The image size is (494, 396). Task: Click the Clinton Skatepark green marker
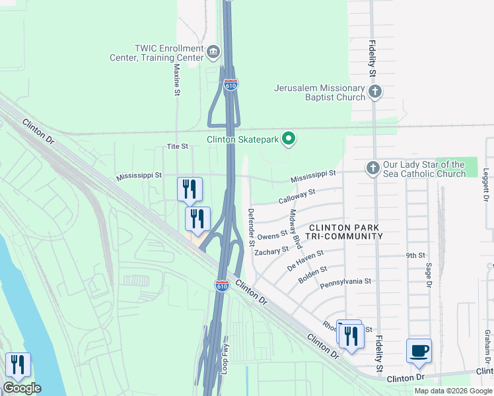(x=289, y=139)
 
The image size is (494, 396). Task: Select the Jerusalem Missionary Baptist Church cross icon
(x=374, y=92)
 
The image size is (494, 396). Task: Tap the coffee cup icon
(x=419, y=350)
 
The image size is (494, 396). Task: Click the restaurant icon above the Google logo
(x=18, y=364)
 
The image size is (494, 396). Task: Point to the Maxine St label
(x=177, y=77)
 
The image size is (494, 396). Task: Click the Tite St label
(x=178, y=146)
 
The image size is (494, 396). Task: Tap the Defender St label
(x=251, y=227)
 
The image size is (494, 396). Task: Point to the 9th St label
(x=413, y=255)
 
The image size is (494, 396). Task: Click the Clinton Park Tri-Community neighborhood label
(x=345, y=231)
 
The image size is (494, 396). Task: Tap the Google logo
(x=22, y=388)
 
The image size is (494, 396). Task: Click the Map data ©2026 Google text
(x=452, y=391)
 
